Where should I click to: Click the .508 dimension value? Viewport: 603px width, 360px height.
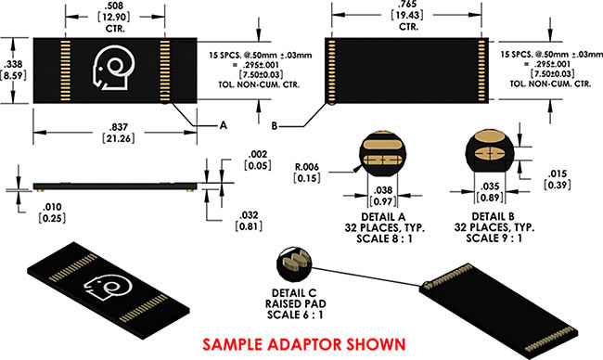(115, 6)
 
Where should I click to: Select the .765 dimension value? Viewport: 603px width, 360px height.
(408, 5)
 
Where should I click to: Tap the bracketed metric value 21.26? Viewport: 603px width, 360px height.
(119, 138)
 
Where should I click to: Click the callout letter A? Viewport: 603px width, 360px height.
(223, 125)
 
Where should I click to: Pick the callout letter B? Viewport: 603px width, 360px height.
(275, 126)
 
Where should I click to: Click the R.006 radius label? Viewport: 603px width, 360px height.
(307, 167)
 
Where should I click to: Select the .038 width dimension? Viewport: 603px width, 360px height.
(383, 190)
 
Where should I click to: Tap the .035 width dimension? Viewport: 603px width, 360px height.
(490, 186)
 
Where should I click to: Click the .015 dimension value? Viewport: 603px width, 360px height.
(558, 174)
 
